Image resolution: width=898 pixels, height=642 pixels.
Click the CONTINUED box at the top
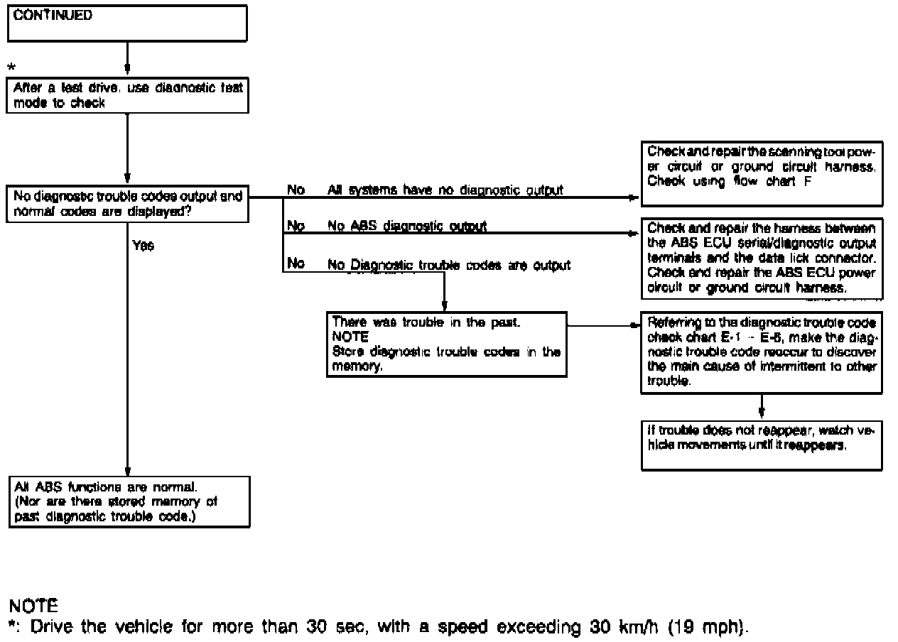click(x=127, y=23)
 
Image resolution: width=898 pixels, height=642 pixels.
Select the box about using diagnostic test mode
click(x=128, y=95)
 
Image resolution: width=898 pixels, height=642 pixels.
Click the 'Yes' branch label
click(x=143, y=246)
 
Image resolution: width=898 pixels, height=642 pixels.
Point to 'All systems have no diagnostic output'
click(x=445, y=190)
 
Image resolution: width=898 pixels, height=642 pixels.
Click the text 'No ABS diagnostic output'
click(x=406, y=227)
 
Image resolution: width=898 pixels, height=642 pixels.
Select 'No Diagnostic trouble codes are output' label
click(x=448, y=266)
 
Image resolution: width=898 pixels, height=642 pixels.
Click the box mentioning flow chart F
click(x=761, y=173)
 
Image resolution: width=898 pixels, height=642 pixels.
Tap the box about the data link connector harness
click(x=761, y=259)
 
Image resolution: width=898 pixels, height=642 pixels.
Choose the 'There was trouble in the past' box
click(x=446, y=344)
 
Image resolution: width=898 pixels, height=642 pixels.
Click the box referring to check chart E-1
click(x=761, y=352)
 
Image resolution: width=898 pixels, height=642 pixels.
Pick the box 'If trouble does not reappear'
click(x=761, y=445)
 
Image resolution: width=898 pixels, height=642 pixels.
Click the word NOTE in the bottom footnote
click(x=33, y=606)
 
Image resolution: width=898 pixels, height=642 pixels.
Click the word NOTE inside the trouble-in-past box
click(x=350, y=337)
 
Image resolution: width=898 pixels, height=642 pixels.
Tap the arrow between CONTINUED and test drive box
click(x=127, y=59)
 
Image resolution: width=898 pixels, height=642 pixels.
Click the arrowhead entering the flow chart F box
click(x=634, y=197)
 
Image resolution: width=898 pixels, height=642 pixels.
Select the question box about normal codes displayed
click(x=128, y=205)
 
